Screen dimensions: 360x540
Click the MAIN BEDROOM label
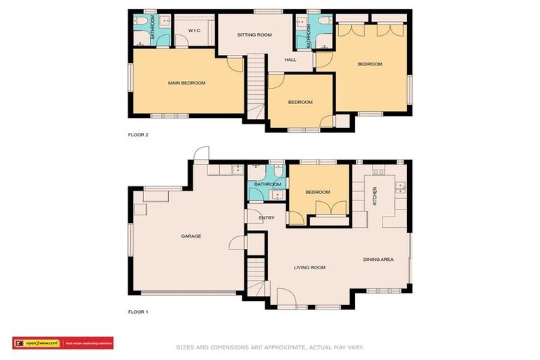click(x=186, y=83)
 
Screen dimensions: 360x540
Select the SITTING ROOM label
click(x=254, y=34)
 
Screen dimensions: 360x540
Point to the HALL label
click(x=290, y=60)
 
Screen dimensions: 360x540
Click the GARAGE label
click(x=191, y=236)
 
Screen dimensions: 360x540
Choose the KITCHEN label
click(x=375, y=195)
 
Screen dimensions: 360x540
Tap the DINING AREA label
click(x=378, y=259)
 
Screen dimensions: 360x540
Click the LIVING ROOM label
click(x=309, y=267)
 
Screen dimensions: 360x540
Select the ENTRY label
click(x=266, y=218)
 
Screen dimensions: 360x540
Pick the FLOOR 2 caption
click(x=138, y=134)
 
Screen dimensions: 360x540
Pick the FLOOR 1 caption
click(x=138, y=311)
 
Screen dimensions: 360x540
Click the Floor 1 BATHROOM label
click(x=267, y=185)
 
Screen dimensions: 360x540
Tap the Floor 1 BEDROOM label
click(x=318, y=192)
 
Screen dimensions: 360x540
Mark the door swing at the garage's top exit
click(x=202, y=153)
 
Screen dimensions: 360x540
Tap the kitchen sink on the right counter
click(x=400, y=186)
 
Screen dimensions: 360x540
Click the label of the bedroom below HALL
click(x=300, y=103)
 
